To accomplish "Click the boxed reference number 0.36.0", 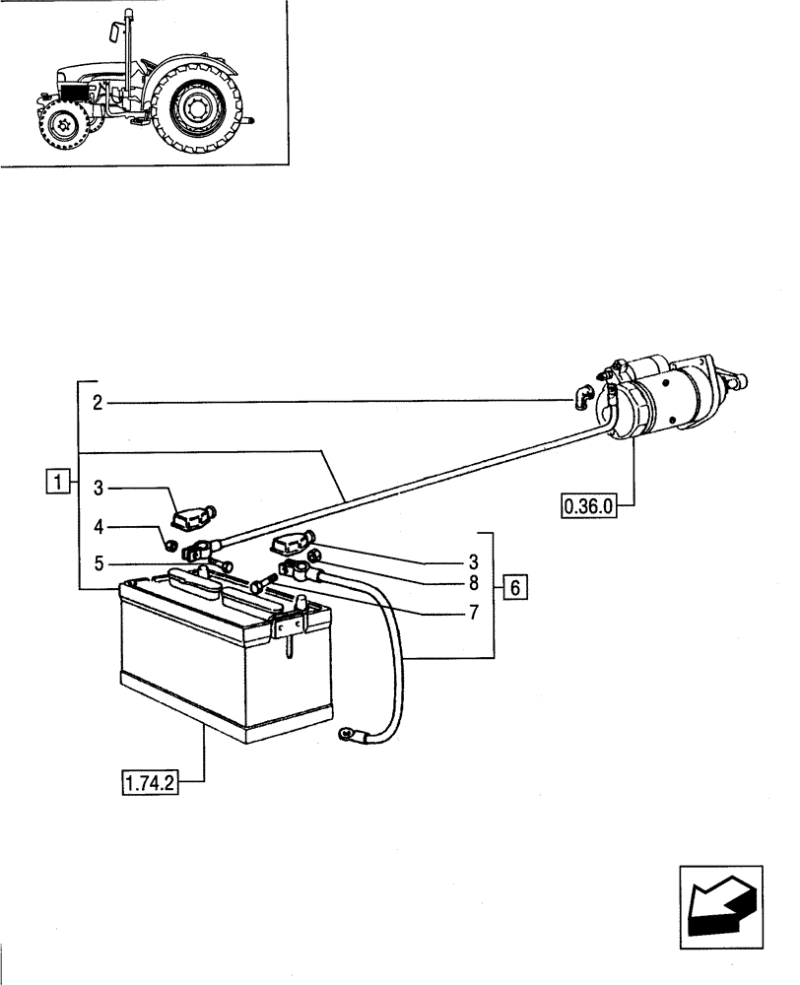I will click(588, 507).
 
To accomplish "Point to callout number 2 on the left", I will click(98, 402).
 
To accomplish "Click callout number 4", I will click(98, 529).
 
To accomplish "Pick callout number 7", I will click(474, 613).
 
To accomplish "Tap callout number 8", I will click(474, 582).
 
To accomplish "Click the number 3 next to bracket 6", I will click(474, 562).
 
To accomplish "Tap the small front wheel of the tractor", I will click(62, 127).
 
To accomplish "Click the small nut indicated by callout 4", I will click(169, 544).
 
